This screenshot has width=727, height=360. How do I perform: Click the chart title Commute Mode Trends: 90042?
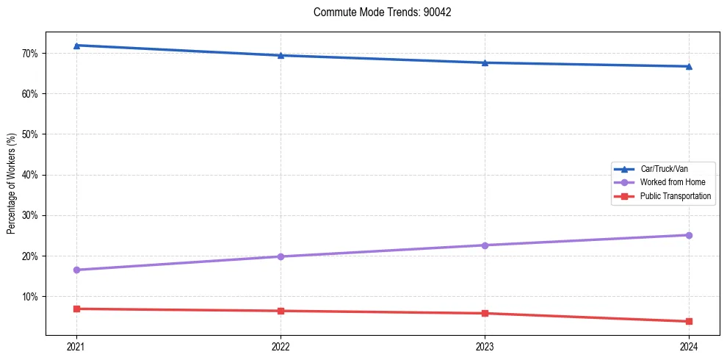point(377,12)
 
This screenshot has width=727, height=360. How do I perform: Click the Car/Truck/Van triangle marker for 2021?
point(76,46)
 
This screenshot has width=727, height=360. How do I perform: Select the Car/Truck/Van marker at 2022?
point(281,55)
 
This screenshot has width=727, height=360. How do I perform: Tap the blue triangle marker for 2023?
point(485,62)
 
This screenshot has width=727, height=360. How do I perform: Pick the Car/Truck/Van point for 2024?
point(689,66)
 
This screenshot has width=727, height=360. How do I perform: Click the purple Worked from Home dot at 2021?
point(76,270)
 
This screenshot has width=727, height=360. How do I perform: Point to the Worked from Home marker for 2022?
point(281,256)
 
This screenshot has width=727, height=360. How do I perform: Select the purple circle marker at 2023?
point(485,245)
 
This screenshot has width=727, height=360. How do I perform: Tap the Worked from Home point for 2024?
point(689,235)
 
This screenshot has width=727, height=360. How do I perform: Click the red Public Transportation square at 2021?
point(76,309)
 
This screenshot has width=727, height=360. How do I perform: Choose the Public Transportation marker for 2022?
point(281,311)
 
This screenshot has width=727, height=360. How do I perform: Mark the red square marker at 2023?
point(485,314)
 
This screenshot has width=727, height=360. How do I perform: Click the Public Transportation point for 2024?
point(689,321)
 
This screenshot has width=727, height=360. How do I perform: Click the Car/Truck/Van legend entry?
point(664,169)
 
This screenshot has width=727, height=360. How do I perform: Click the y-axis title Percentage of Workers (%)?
point(12,184)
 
